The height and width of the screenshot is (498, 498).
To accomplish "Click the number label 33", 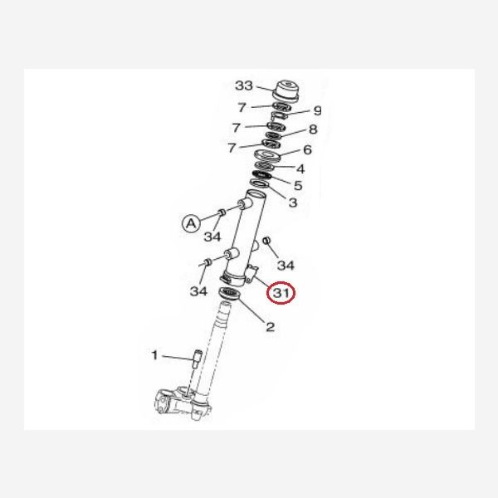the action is [x=244, y=85].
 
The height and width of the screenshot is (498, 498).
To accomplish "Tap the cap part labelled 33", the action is [x=286, y=91].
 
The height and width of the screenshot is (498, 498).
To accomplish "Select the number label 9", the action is [x=317, y=110].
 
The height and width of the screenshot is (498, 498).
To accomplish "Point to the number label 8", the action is [x=313, y=129].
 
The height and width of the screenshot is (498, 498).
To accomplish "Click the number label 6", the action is [x=307, y=149].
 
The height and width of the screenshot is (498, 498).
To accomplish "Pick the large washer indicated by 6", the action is [x=268, y=154].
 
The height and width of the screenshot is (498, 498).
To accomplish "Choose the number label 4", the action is [x=300, y=169].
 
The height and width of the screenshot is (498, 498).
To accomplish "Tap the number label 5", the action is [x=298, y=185].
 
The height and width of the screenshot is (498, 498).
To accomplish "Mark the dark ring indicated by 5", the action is [x=262, y=175].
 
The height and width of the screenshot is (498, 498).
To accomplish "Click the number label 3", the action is [x=293, y=203].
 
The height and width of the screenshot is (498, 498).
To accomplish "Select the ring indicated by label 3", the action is [x=260, y=183].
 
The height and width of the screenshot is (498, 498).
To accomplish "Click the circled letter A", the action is [x=191, y=223].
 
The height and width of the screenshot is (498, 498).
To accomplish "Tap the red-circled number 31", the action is [x=281, y=293].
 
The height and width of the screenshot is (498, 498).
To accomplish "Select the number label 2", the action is [x=270, y=327].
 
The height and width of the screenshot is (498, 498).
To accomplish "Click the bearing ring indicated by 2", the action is [x=230, y=293].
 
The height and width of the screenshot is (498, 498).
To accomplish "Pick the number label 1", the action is [x=154, y=355].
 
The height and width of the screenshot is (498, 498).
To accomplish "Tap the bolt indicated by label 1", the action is [x=197, y=359].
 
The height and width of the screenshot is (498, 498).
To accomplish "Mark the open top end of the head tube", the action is [x=256, y=193].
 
